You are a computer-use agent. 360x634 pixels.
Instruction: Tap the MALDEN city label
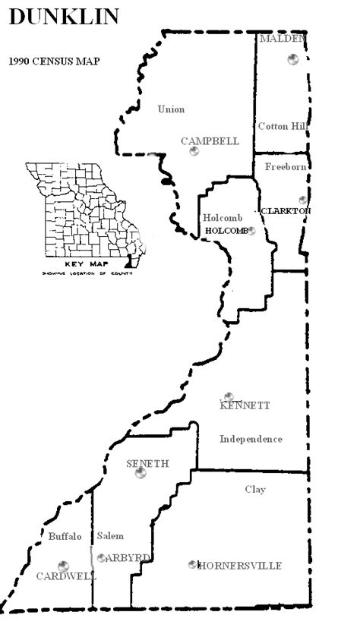(x=283, y=38)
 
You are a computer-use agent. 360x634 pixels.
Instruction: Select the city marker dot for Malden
(x=293, y=59)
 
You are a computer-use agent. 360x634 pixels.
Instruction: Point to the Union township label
(x=171, y=109)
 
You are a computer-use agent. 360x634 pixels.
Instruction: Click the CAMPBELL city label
(x=210, y=141)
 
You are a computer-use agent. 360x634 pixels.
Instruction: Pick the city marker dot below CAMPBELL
(x=194, y=152)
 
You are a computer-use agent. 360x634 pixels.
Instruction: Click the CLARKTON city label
(x=286, y=211)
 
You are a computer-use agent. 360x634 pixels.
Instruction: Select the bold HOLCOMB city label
(x=226, y=231)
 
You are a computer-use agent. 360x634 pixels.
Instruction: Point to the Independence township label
(x=251, y=439)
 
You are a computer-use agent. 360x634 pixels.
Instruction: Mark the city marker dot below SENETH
(x=141, y=474)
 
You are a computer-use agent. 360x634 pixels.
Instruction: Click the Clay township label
(x=255, y=490)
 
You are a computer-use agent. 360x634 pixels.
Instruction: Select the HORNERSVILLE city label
(x=240, y=566)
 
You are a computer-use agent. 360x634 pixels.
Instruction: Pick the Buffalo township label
(x=65, y=536)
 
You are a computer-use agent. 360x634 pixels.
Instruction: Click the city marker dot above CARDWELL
(x=62, y=565)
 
